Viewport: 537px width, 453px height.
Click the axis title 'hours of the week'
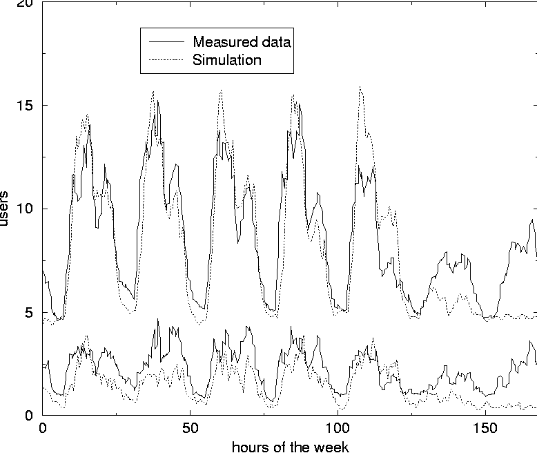tap(290, 445)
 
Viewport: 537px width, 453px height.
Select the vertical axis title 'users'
tap(6, 209)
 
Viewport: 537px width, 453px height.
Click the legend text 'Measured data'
tap(242, 41)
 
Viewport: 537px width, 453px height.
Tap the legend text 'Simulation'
tap(227, 60)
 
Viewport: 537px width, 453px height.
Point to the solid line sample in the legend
tap(164, 41)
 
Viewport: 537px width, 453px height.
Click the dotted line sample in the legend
tap(164, 60)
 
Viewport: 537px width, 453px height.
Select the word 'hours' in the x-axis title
tap(249, 445)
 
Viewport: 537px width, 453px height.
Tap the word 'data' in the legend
tap(277, 41)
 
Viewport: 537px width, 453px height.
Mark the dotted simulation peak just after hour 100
tap(360, 87)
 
